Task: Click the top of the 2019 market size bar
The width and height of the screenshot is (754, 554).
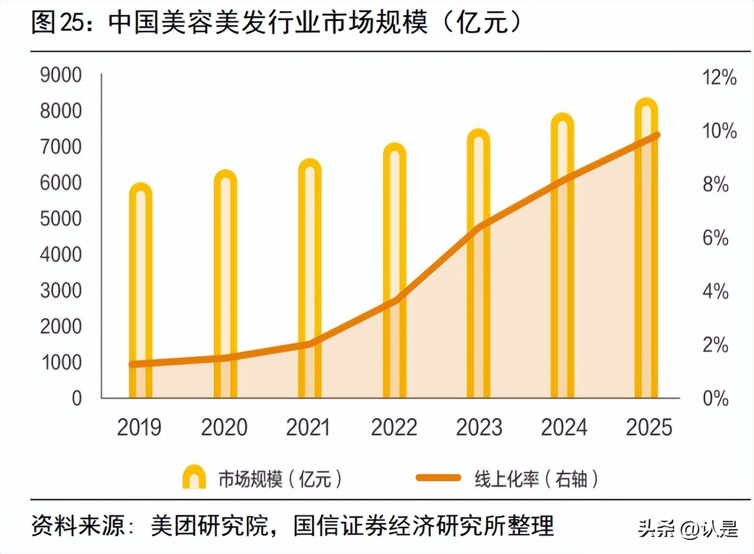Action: coord(140,186)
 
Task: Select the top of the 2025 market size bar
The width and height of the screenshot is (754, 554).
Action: coord(646,101)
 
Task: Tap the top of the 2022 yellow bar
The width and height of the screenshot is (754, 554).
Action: coord(394,147)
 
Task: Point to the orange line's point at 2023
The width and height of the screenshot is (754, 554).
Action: coord(479,227)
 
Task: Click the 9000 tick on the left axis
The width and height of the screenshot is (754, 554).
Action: coord(60,75)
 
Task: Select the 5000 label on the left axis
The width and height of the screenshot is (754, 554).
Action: coord(60,219)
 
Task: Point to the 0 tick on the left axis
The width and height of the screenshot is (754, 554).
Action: coord(77,398)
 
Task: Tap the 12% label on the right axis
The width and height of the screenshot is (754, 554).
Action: coord(719,77)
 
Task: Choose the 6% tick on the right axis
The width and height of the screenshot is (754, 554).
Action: coord(715,238)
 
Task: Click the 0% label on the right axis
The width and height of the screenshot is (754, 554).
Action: coord(715,398)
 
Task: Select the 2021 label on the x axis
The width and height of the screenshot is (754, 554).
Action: coord(308,428)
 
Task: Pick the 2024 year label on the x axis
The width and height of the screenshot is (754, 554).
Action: coord(564,428)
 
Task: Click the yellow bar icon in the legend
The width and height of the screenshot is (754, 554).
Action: coord(194,477)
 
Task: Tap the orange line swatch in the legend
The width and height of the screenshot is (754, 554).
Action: coord(438,478)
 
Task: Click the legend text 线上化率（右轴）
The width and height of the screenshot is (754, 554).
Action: coord(536,479)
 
